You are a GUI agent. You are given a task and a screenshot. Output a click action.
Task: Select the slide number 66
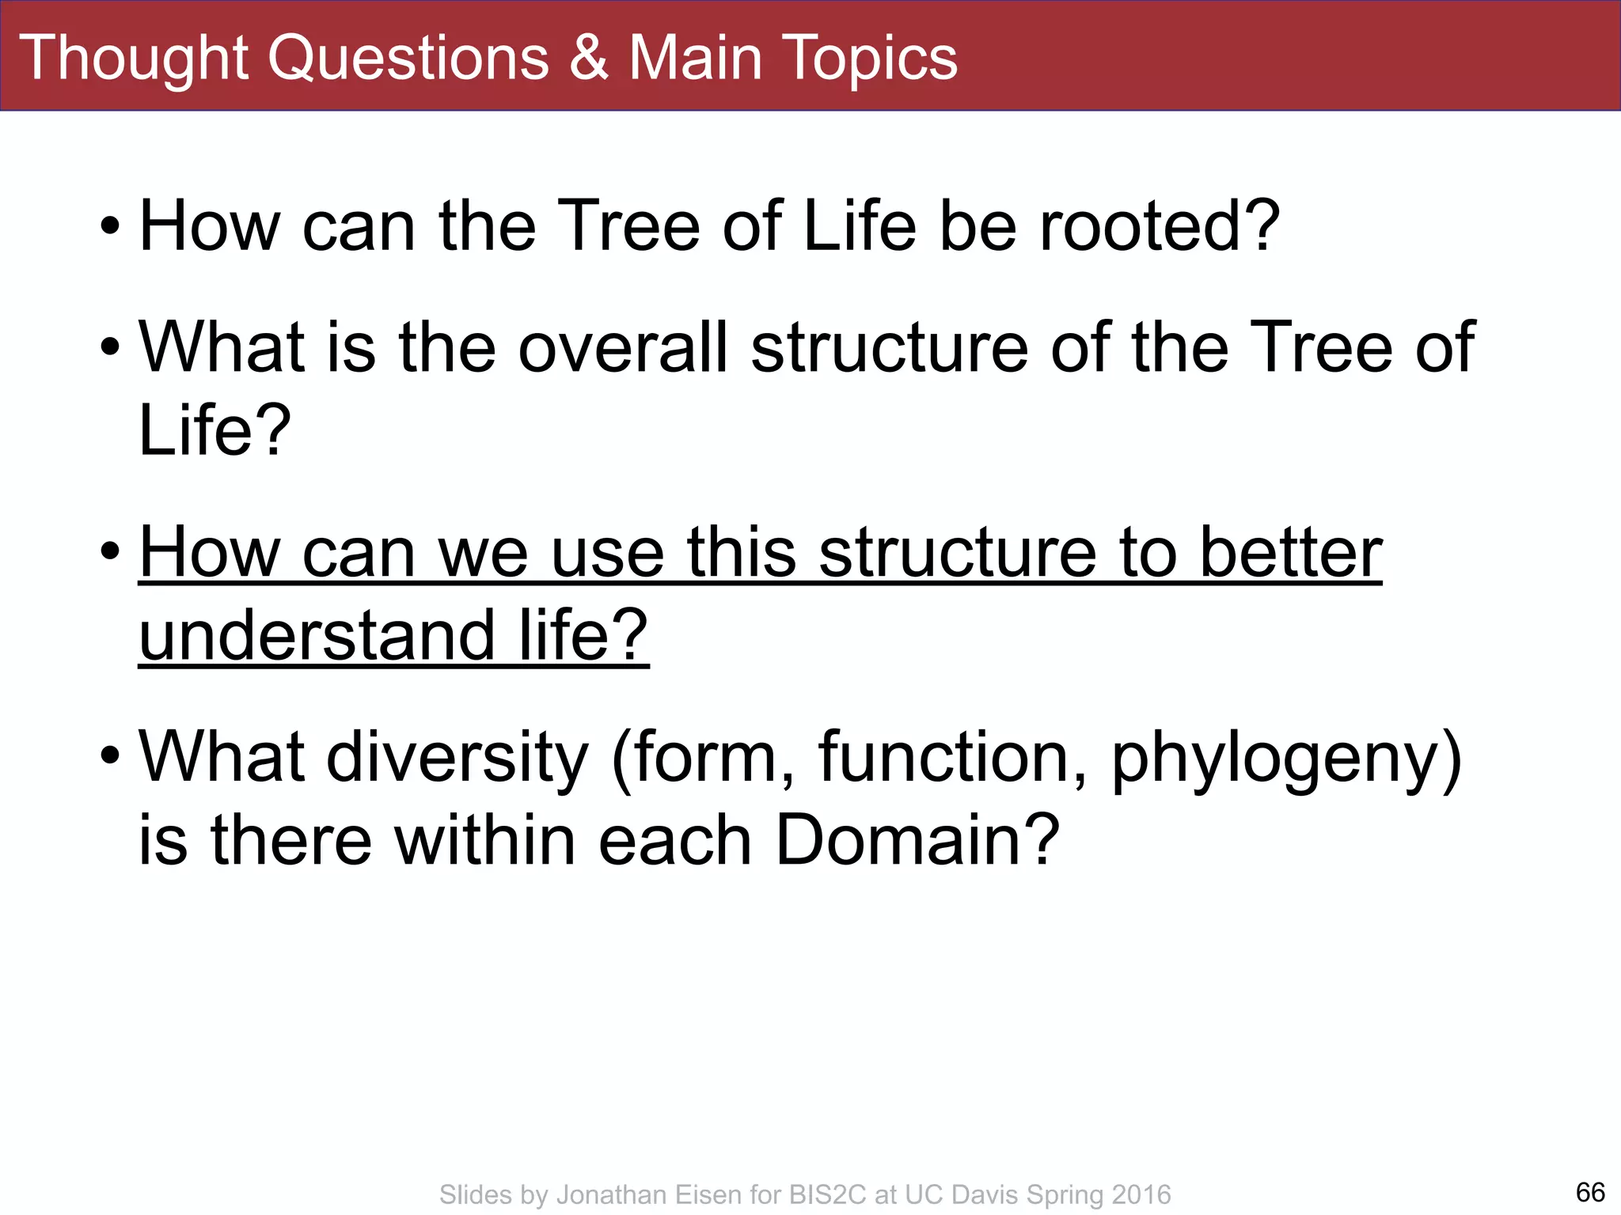click(1590, 1192)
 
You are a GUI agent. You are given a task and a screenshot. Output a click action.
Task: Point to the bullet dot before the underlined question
click(111, 551)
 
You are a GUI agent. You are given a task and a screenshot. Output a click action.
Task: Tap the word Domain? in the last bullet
click(917, 840)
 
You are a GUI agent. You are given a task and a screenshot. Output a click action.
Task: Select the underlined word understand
click(317, 635)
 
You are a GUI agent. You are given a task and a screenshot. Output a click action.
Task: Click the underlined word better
click(1291, 553)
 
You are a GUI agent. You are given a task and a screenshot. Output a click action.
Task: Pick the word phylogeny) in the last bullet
click(1286, 759)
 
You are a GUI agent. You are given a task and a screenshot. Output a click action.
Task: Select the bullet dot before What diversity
click(111, 756)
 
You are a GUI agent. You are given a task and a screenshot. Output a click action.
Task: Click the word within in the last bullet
click(485, 840)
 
